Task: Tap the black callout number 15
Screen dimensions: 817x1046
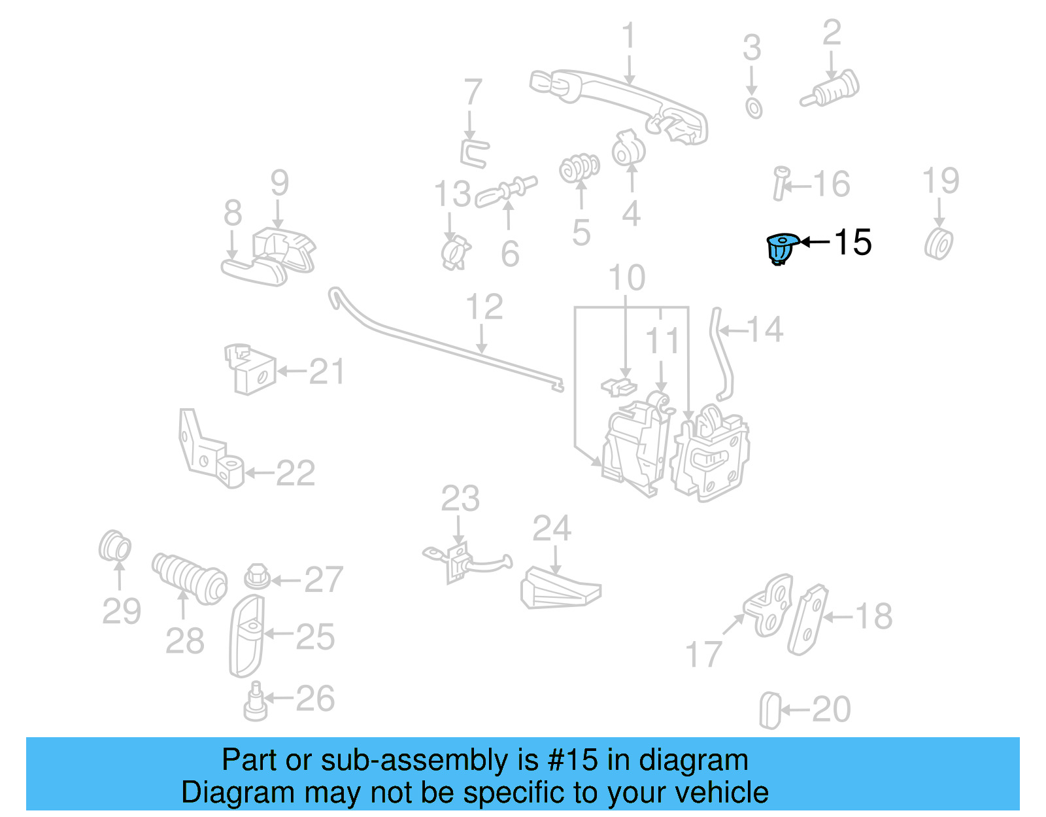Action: tap(852, 243)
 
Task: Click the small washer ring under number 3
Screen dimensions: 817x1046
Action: tap(754, 108)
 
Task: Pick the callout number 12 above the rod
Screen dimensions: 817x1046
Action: tap(484, 307)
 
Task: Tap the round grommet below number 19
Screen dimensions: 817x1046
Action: tap(939, 243)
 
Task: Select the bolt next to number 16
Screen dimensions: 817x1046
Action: tap(779, 184)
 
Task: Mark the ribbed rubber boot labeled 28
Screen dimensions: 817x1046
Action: tap(190, 578)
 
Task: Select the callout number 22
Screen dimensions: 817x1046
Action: tap(295, 473)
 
